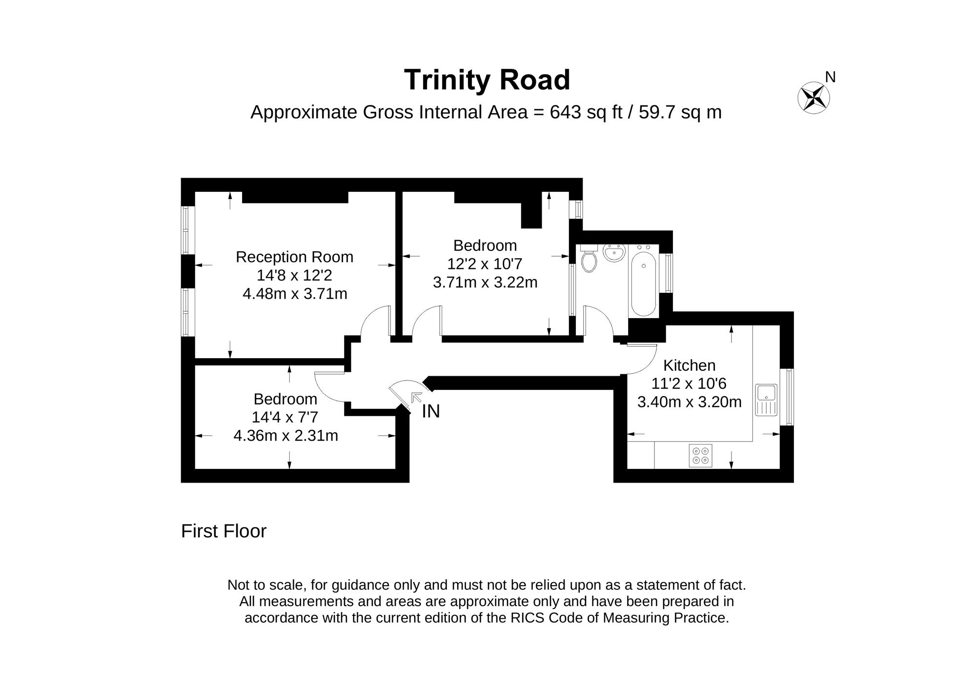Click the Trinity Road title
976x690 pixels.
click(x=487, y=80)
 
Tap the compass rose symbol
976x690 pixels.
click(x=813, y=98)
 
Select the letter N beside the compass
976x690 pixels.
click(x=830, y=77)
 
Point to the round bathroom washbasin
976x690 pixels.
click(x=613, y=253)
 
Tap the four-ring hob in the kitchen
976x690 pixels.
click(x=700, y=455)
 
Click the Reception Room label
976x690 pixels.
click(x=294, y=257)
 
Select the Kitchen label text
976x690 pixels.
click(x=689, y=365)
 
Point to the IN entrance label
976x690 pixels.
click(x=431, y=411)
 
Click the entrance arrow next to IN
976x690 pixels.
click(x=417, y=397)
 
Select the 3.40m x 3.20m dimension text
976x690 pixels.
click(x=689, y=402)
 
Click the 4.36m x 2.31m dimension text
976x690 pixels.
click(x=285, y=435)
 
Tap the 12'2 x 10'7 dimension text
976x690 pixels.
click(x=485, y=264)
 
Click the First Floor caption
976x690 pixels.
click(x=224, y=531)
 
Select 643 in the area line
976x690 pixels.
click(x=566, y=112)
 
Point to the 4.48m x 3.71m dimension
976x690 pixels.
click(x=295, y=294)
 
